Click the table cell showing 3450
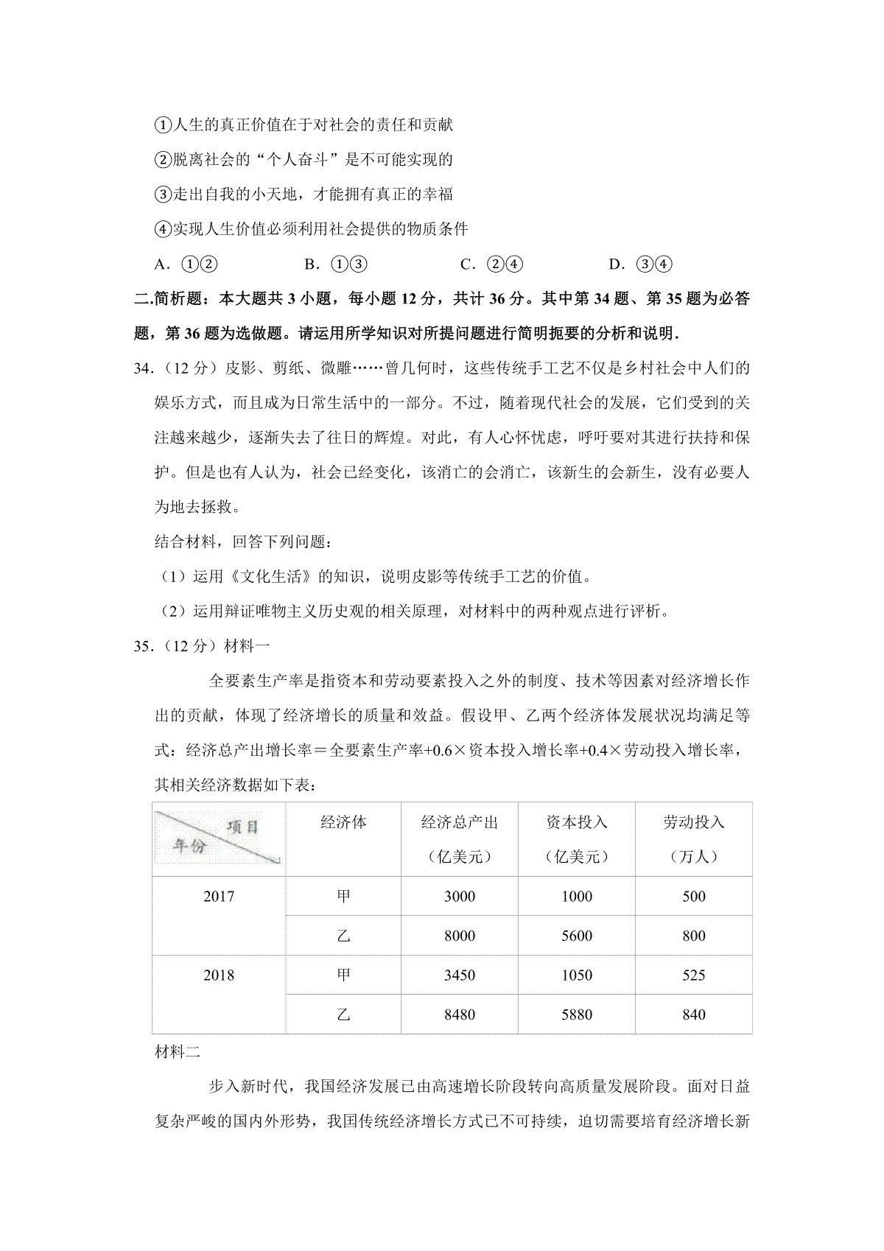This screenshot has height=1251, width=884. tap(459, 975)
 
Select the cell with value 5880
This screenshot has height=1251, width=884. tap(576, 1015)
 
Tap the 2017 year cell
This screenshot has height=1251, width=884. tap(219, 897)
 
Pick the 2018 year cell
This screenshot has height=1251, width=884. tap(219, 975)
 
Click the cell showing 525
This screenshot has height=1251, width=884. tap(693, 975)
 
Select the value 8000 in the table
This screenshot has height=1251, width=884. tap(459, 936)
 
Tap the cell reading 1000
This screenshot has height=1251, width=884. tap(576, 897)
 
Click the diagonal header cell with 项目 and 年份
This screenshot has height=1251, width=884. tap(219, 838)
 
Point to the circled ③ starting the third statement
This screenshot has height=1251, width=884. tap(162, 195)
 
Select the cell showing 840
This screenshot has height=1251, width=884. tap(693, 1015)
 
